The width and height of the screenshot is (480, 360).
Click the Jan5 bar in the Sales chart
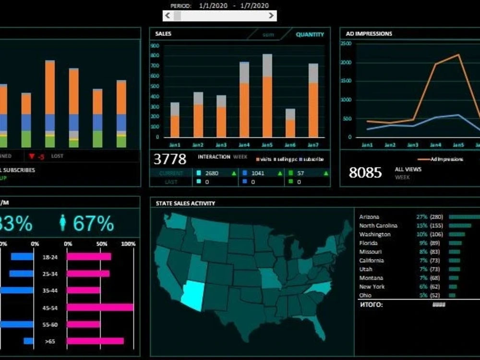coord(267,96)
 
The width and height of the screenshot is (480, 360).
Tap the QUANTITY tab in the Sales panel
coord(310,35)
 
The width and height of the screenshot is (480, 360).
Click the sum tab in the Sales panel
coord(268,35)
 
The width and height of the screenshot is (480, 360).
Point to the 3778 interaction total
coord(170,159)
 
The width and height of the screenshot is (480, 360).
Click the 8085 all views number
coord(365,173)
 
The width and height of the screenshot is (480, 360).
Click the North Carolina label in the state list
coord(378,226)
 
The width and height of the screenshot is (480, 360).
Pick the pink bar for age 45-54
coord(100,307)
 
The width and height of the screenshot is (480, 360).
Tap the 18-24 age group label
coord(50,257)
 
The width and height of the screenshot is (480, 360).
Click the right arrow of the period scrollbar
coord(272,15)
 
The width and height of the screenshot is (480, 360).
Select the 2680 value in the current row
coord(212,173)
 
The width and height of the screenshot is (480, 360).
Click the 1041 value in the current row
coord(258,173)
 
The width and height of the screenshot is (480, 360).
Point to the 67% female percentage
coord(93,224)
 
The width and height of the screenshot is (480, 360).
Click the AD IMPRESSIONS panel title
coord(369,34)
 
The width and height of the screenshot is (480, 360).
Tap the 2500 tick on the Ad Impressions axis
coord(346,44)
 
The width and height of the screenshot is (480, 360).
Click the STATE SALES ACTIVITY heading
coord(185,204)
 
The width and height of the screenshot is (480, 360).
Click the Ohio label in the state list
coord(366,295)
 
